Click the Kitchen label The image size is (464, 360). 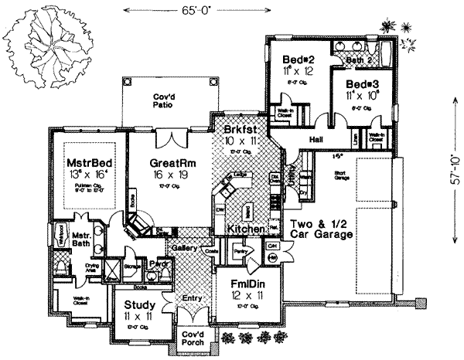[244, 229]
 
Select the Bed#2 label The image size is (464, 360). [298, 59]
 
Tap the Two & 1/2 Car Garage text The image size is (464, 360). [319, 229]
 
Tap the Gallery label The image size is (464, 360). [183, 249]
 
